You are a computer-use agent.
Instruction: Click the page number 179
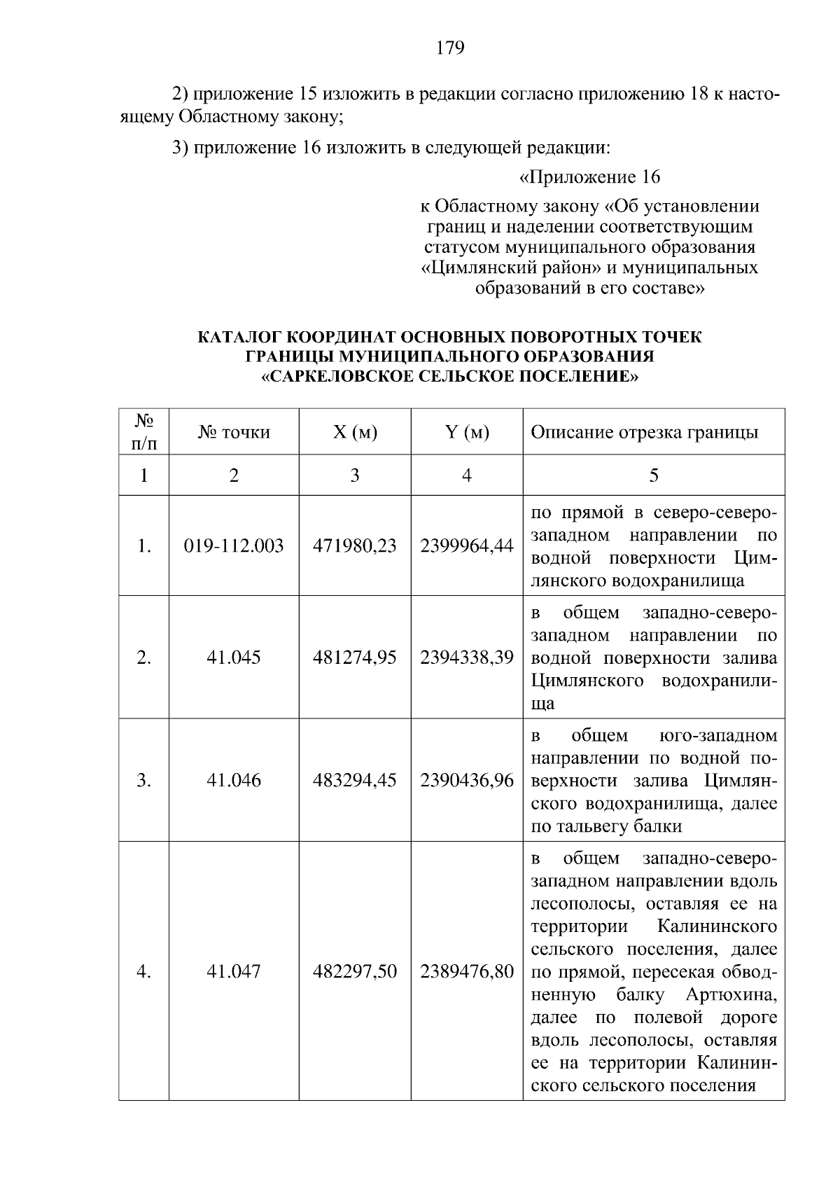450,48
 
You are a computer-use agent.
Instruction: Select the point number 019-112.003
234,546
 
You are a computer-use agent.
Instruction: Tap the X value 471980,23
354,546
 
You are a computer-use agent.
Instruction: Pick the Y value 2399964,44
467,546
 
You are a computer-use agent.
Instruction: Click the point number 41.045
234,658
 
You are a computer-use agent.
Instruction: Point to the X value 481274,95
354,658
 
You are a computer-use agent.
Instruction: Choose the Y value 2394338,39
467,658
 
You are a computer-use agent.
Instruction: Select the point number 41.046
234,780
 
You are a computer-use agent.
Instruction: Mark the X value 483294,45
354,780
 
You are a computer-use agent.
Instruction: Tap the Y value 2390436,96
467,780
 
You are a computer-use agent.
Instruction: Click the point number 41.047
234,971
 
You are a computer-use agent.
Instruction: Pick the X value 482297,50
354,971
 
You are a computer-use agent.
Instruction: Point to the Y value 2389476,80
467,971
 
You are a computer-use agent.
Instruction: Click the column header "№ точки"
234,432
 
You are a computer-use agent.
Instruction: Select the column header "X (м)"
354,432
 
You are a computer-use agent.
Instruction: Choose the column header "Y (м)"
467,432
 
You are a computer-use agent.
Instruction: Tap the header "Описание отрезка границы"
644,432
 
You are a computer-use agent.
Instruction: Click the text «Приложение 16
589,177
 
